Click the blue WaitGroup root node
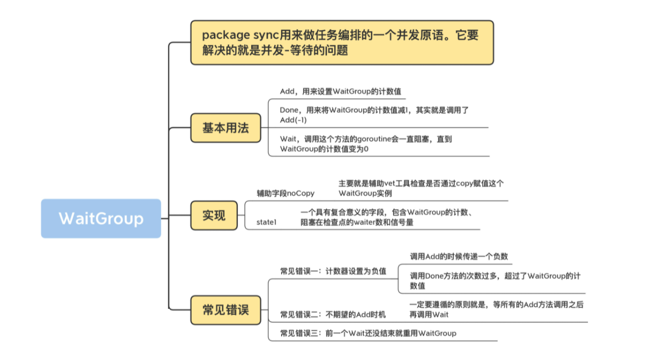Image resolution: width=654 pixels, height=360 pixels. pyautogui.click(x=101, y=219)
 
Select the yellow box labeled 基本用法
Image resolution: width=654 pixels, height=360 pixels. pyautogui.click(x=226, y=128)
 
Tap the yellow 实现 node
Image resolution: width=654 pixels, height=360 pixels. pyautogui.click(x=214, y=215)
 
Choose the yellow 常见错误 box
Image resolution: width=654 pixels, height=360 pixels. pyautogui.click(x=226, y=310)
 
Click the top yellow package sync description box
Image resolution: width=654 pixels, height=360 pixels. pyautogui.click(x=341, y=43)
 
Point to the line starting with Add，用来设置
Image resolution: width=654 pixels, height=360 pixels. pyautogui.click(x=340, y=92)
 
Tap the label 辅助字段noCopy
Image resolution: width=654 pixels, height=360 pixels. pyautogui.click(x=285, y=194)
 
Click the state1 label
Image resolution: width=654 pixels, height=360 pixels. pyautogui.click(x=267, y=222)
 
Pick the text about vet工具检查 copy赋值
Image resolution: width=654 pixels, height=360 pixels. pyautogui.click(x=421, y=188)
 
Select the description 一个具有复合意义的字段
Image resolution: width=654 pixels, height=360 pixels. pyautogui.click(x=387, y=217)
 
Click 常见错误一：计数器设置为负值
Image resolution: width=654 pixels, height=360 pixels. pyautogui.click(x=333, y=271)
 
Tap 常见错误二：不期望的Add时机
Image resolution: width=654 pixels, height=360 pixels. pyautogui.click(x=333, y=314)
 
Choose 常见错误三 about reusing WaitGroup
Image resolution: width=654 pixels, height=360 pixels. pyautogui.click(x=368, y=333)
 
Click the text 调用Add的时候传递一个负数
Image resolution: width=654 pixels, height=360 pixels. pyautogui.click(x=459, y=257)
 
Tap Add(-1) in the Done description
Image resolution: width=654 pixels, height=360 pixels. pyautogui.click(x=293, y=120)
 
